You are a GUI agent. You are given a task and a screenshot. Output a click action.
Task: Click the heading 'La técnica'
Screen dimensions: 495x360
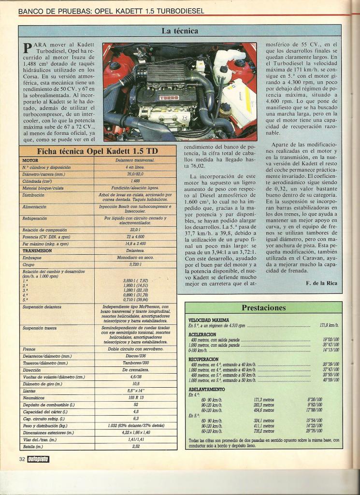tap(179, 31)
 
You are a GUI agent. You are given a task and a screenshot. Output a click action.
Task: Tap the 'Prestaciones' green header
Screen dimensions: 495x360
tap(263, 307)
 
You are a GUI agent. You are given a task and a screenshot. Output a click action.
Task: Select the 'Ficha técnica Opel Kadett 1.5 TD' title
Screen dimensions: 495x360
tap(101, 151)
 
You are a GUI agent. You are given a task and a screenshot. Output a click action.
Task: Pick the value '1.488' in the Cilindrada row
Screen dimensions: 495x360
tap(135, 181)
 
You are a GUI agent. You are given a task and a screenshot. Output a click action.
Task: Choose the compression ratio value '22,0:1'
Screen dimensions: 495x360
tap(135, 230)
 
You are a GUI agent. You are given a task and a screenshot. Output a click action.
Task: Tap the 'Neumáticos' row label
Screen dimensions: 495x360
tap(34, 397)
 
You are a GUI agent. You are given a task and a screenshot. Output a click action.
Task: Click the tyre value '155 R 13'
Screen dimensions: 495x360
tap(135, 397)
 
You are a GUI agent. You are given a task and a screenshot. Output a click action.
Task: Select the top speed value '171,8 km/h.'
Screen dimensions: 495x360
tap(329, 325)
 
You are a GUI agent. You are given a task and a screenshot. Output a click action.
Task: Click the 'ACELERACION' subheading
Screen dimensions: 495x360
tap(202, 335)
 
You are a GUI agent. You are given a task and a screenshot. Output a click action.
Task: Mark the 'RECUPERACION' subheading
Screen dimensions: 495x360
tap(203, 360)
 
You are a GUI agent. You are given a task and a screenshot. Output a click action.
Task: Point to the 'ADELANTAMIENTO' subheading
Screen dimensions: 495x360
tap(206, 389)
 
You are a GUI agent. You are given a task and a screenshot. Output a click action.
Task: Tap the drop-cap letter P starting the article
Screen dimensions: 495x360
tap(28, 48)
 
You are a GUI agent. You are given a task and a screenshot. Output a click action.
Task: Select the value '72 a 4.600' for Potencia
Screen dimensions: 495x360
tap(135, 237)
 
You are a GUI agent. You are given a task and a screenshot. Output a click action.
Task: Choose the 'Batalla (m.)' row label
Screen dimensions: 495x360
tap(33, 447)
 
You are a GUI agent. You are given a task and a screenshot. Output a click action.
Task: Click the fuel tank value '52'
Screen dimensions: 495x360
tap(136, 405)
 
